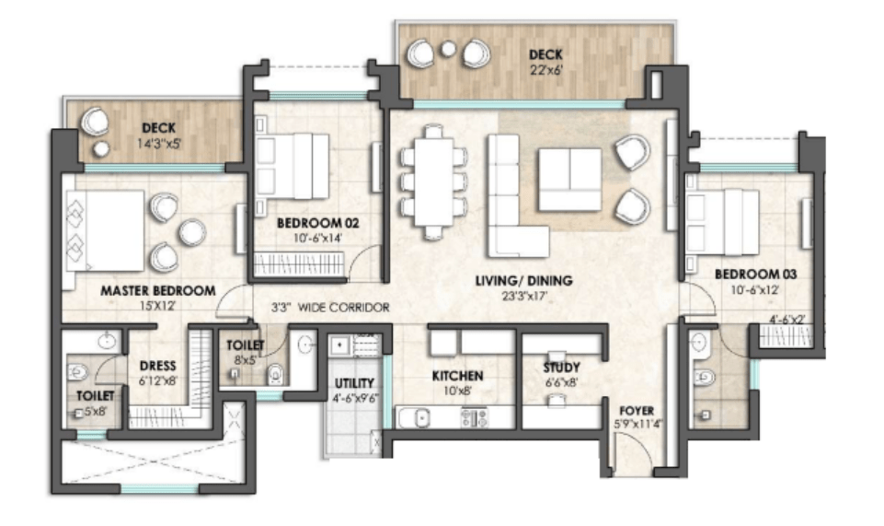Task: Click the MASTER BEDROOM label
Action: [157, 290]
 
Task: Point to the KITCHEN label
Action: [458, 376]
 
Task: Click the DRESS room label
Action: [157, 364]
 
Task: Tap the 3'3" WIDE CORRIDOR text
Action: [329, 308]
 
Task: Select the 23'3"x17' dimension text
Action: [523, 298]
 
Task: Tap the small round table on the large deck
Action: [448, 50]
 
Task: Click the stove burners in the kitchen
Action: [476, 417]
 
